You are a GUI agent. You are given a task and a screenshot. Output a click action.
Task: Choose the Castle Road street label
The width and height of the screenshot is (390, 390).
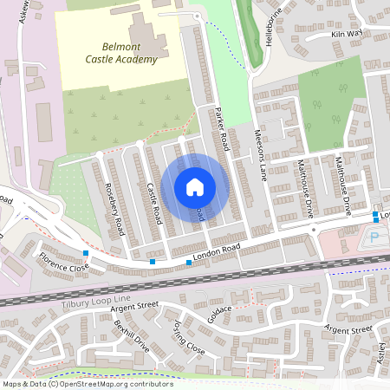tap(154, 205)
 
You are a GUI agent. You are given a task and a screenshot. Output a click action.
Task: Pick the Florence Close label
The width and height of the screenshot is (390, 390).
tap(62, 262)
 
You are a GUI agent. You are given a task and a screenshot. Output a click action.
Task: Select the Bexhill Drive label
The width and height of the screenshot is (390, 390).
tap(131, 335)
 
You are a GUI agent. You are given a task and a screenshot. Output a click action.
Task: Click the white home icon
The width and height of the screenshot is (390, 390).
tap(195, 186)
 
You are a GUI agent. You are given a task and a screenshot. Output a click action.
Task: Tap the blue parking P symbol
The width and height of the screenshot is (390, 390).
tap(374, 236)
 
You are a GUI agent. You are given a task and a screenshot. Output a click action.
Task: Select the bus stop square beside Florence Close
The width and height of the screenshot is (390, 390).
tap(85, 252)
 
